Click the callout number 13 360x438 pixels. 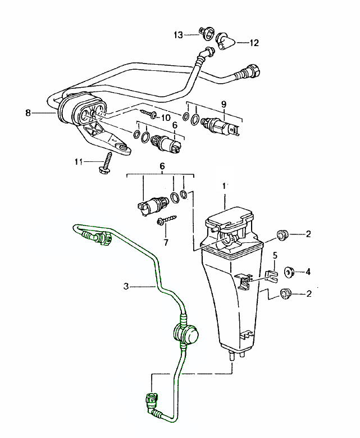point(178,35)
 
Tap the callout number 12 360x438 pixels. point(254,42)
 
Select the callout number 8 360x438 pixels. point(28,112)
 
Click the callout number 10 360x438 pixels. point(166,118)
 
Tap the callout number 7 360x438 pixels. point(165,243)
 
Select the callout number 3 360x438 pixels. point(126,286)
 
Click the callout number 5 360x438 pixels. point(275,256)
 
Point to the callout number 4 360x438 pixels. point(308,272)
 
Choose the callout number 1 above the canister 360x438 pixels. point(225,185)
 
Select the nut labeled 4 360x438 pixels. point(290,272)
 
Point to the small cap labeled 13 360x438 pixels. point(206,34)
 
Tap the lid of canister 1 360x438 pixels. point(231,216)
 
